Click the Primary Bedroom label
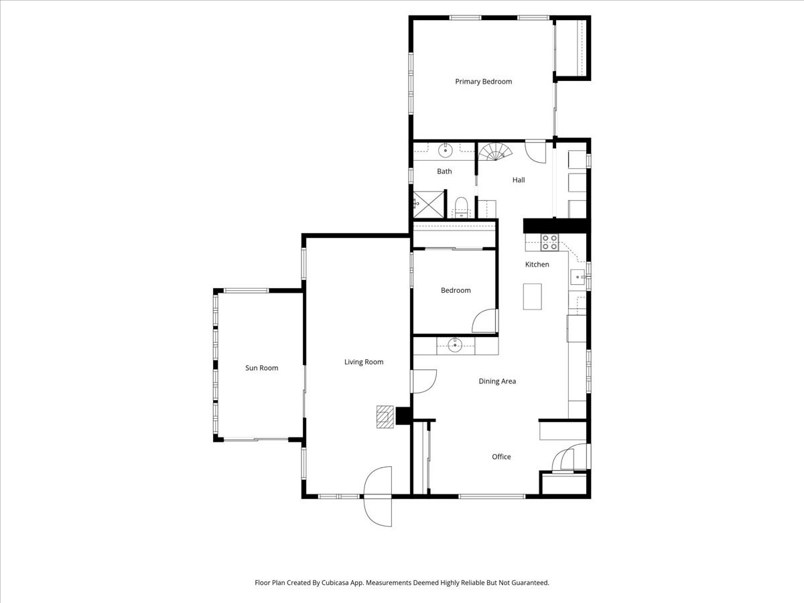click(483, 82)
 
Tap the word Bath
click(444, 172)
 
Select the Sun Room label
click(261, 368)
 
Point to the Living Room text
click(364, 362)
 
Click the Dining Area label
click(497, 381)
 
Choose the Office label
click(501, 457)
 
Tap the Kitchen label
click(537, 265)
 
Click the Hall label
click(519, 180)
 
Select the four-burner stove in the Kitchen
click(549, 242)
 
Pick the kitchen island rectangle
click(532, 297)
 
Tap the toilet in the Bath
click(461, 204)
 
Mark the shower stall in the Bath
click(428, 204)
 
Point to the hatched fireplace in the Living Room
click(385, 416)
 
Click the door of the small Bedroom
click(486, 322)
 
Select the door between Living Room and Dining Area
click(423, 381)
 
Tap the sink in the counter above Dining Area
click(455, 345)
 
